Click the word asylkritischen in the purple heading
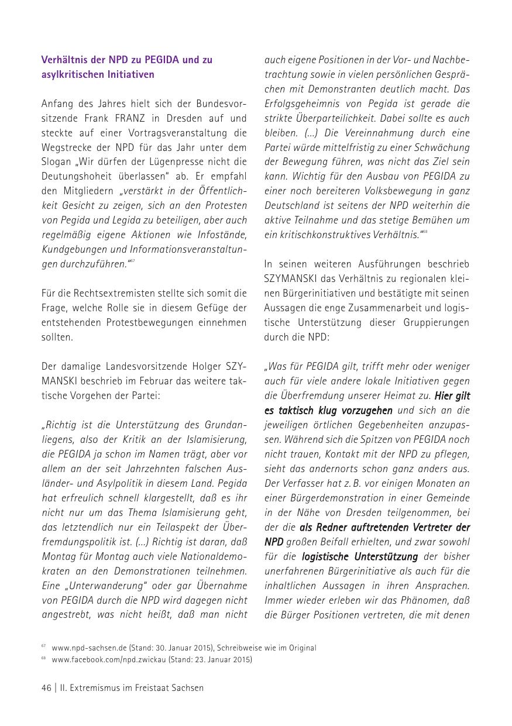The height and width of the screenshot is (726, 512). pos(68,74)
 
